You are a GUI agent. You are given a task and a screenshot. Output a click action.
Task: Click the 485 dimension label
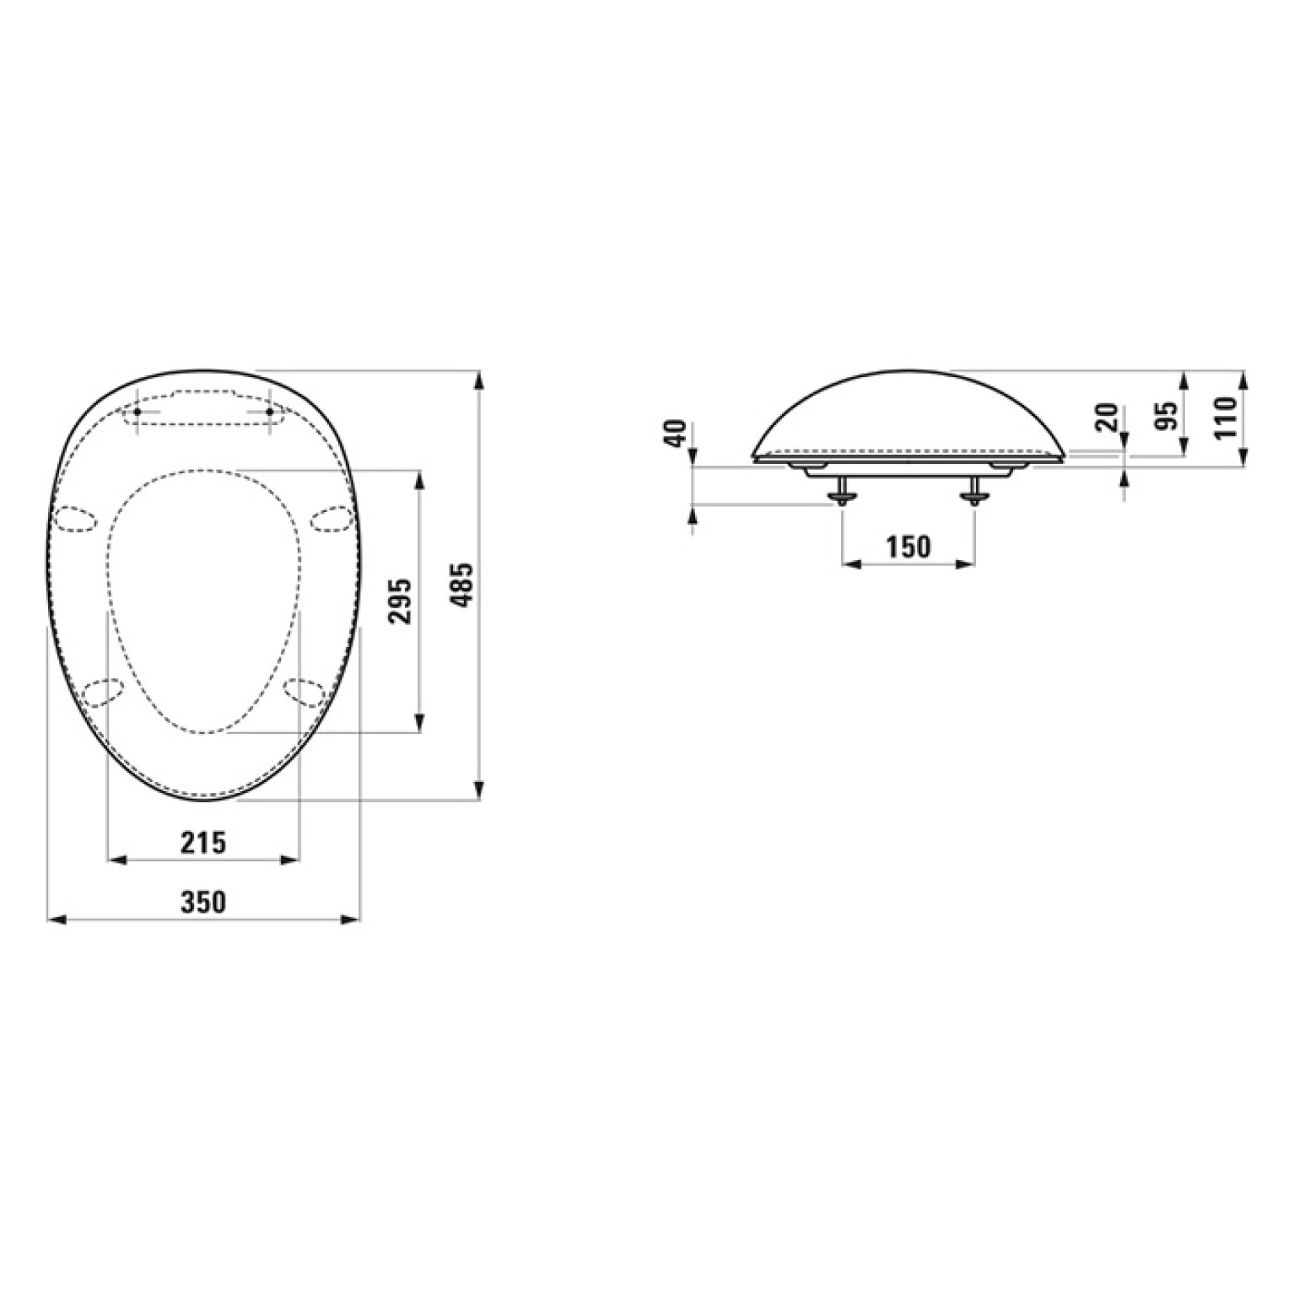point(465,585)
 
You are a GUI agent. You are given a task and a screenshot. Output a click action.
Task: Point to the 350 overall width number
point(203,902)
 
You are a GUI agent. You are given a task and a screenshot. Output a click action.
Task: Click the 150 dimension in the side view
point(908,547)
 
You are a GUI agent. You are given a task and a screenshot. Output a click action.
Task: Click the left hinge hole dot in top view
point(137,411)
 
